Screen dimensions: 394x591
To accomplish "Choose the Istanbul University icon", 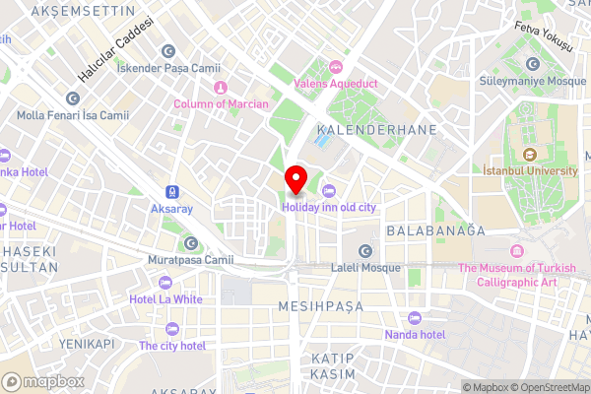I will coord(529,154).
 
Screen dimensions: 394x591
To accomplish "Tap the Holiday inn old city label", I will coord(329,207).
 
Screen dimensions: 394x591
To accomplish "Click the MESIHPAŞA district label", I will coord(320,306).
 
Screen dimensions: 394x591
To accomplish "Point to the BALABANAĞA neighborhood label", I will coord(436,230).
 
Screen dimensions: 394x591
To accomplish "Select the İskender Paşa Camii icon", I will coord(168,51).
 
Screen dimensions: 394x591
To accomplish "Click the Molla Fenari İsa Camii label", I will coord(73,115).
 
